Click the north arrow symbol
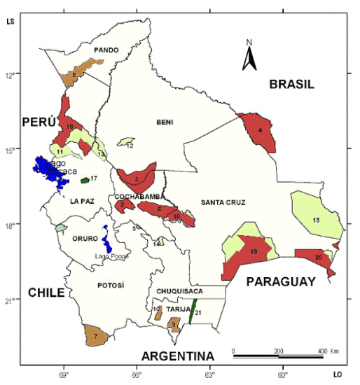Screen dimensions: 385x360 click(248, 57)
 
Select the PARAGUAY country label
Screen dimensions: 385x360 click(280, 281)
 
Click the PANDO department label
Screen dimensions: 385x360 click(106, 50)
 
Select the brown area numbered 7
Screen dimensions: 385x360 click(96, 336)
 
